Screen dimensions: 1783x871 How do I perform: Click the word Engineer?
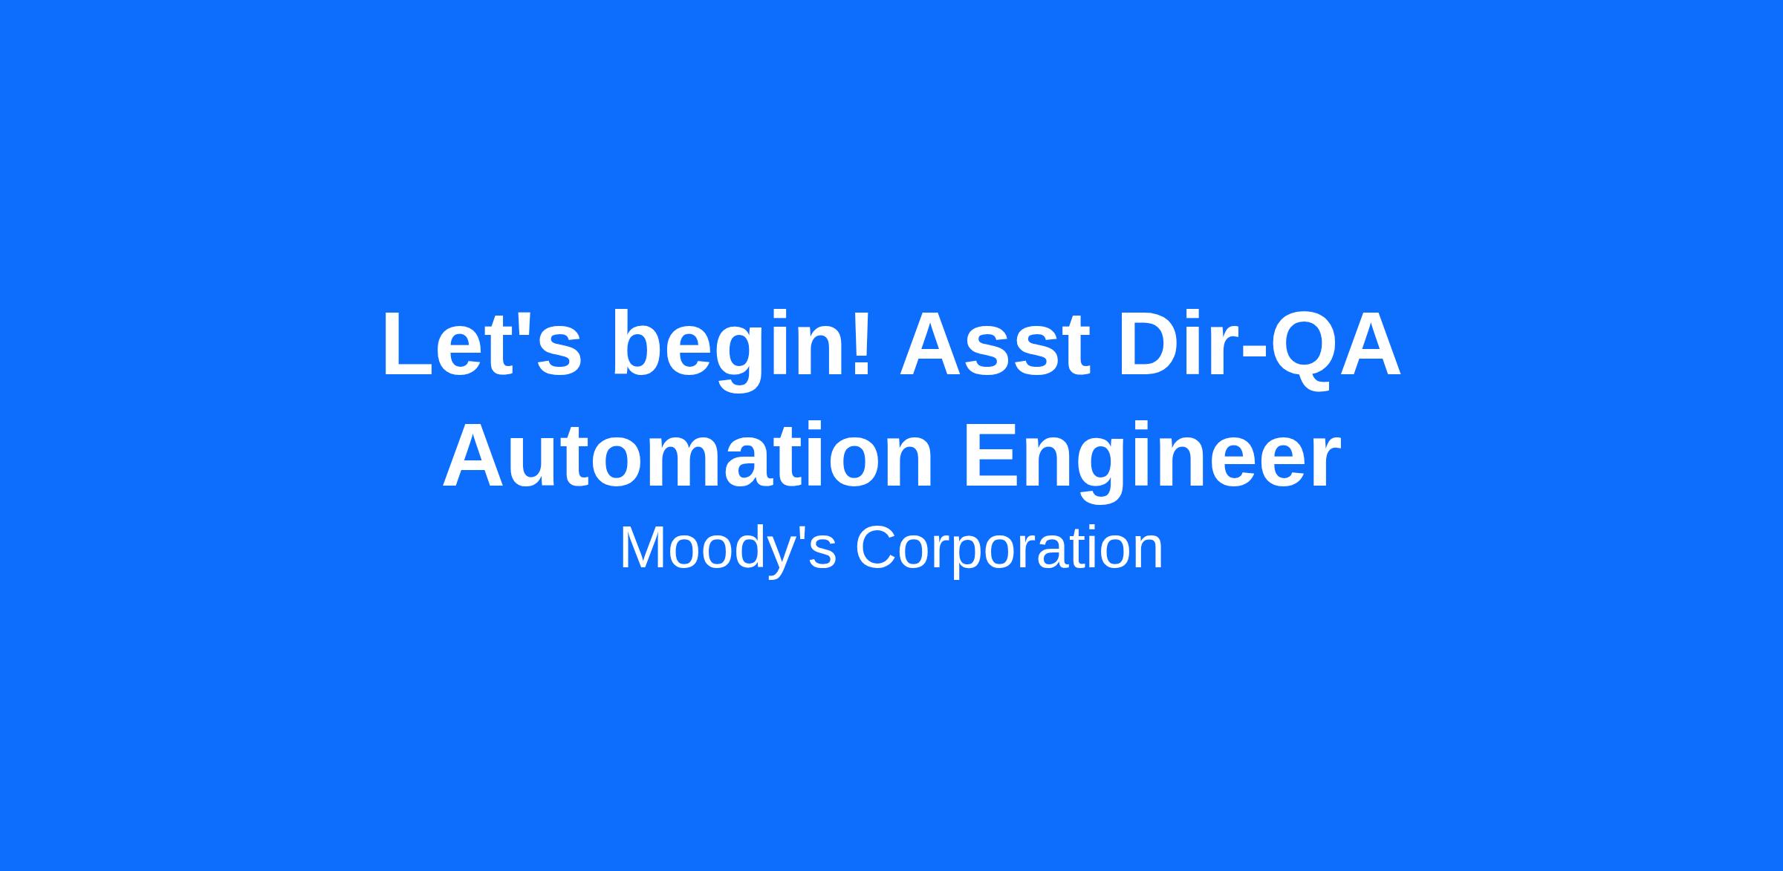coord(1152,460)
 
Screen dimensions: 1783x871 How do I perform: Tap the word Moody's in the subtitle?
coord(728,550)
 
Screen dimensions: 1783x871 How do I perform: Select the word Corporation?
coord(1009,550)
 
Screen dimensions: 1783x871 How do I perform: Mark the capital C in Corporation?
coord(877,547)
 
